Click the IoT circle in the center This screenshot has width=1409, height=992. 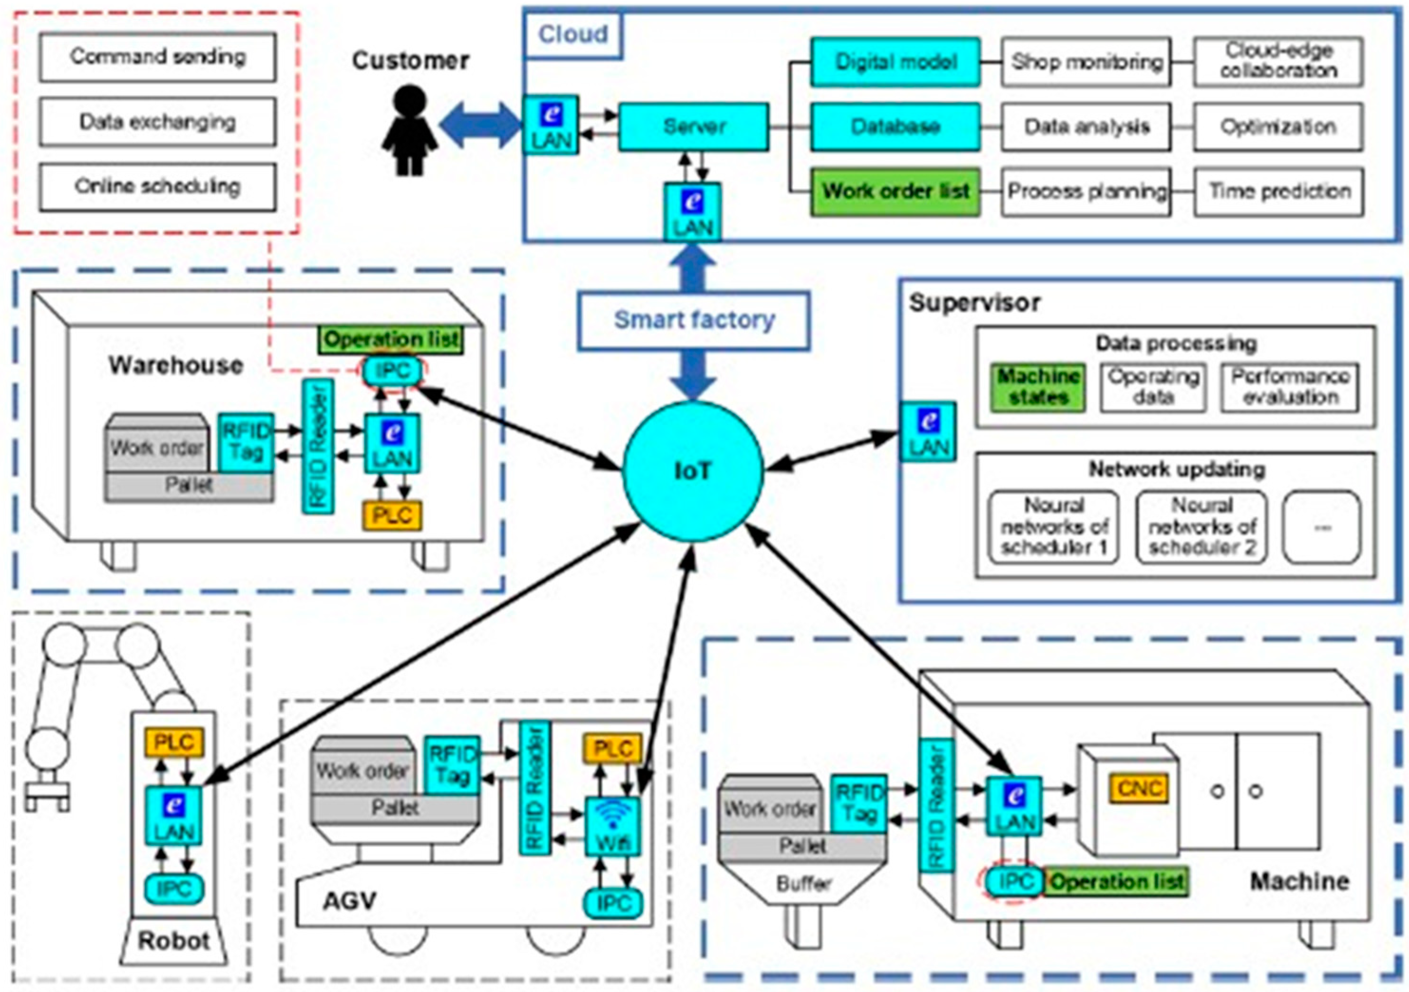pos(693,471)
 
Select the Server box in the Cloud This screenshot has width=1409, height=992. pos(694,127)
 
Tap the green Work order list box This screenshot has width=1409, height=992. pos(895,191)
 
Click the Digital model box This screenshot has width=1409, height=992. pos(895,62)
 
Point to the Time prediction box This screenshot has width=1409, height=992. pos(1279,191)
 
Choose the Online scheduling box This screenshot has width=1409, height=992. pos(158,187)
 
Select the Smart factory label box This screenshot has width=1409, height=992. pos(694,320)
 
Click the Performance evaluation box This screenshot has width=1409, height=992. pos(1290,387)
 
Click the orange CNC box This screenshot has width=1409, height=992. pos(1139,788)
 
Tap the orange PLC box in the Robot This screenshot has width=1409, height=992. pos(174,743)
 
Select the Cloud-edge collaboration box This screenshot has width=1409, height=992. pos(1278,62)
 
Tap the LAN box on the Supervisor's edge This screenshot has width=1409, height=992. pos(929,431)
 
